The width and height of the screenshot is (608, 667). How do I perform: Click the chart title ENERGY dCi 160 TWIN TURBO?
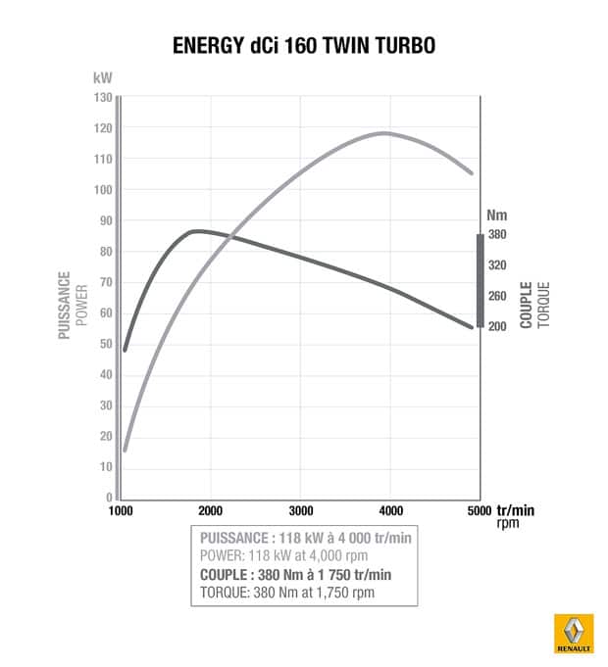304,46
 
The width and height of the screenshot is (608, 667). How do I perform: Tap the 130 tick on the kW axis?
103,97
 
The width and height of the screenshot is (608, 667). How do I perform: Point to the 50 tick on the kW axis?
103,344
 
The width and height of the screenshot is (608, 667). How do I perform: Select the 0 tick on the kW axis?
108,498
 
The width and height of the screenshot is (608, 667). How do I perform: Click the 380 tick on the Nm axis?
496,235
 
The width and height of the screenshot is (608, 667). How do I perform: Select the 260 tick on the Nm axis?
496,296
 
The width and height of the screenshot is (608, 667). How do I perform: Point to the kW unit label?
103,76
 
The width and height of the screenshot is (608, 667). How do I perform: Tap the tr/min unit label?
516,510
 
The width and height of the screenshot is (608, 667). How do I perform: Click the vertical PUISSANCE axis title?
65,305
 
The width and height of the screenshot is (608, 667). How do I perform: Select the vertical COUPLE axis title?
527,305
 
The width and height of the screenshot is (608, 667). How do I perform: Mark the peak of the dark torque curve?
196,231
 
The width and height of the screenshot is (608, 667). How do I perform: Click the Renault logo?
573,633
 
